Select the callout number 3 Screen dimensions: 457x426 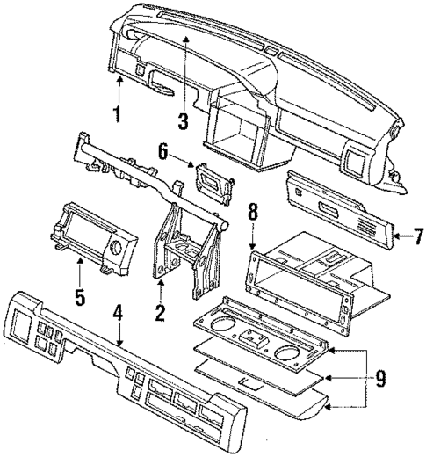[x=183, y=121]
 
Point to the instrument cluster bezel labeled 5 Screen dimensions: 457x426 [x=92, y=236]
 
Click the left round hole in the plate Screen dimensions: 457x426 [x=229, y=333]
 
